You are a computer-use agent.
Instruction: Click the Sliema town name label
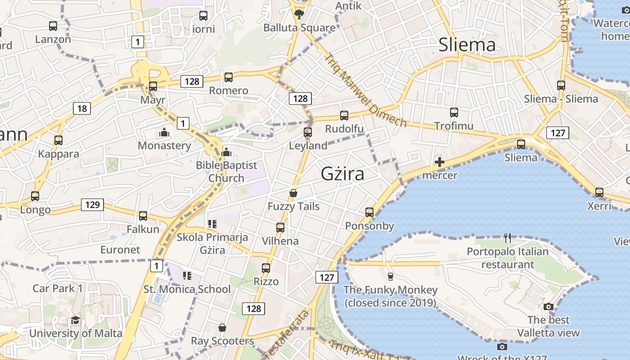click(467, 45)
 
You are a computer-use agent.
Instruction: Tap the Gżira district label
click(342, 174)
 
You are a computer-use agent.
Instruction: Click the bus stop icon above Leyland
click(308, 132)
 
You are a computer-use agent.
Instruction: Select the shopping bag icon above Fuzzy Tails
click(293, 193)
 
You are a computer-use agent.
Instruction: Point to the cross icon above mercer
click(440, 162)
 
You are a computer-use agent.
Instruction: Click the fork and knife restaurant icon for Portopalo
click(508, 238)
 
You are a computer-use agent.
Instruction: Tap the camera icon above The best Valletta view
click(548, 306)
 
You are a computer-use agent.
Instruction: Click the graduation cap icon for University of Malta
click(75, 320)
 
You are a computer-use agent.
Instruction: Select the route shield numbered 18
click(82, 108)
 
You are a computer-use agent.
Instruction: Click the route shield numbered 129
click(92, 205)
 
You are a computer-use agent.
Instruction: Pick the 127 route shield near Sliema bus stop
click(558, 133)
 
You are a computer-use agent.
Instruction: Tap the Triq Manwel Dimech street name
click(365, 90)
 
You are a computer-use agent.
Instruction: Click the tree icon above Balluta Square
click(299, 14)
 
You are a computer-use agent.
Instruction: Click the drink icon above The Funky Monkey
click(390, 276)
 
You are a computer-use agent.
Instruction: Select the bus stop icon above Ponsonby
click(369, 212)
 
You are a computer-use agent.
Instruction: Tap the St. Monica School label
click(187, 289)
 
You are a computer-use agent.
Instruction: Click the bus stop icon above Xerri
click(599, 193)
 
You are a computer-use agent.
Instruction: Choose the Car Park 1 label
click(57, 288)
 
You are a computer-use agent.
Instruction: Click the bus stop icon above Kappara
click(58, 140)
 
